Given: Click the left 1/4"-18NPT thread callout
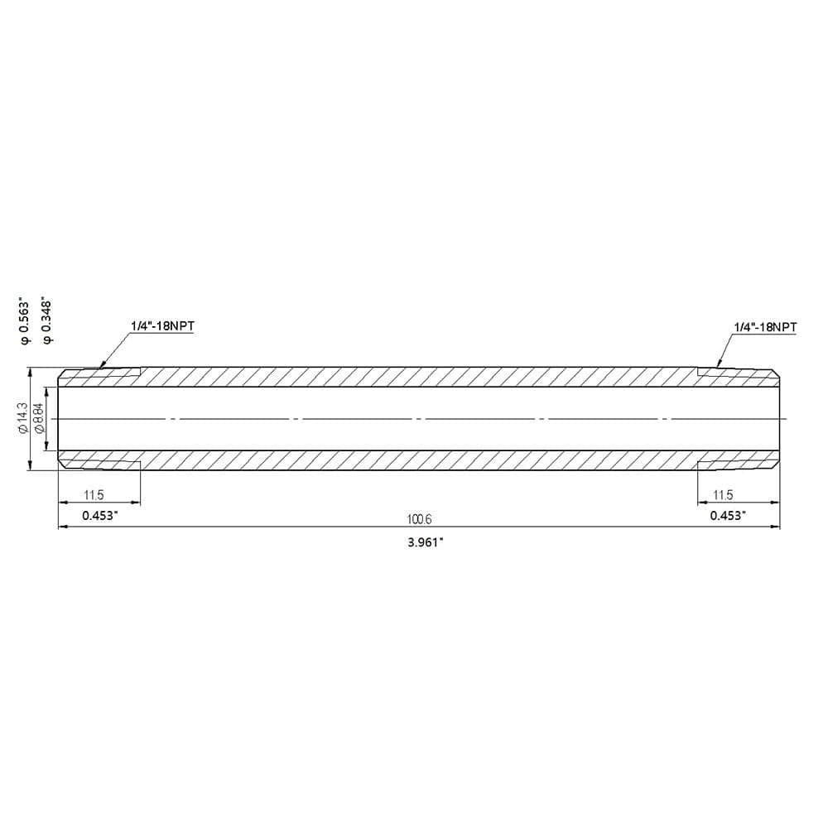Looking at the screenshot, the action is [162, 325].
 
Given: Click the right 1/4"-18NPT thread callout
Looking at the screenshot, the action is [765, 327].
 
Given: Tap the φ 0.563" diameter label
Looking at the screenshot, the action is [24, 321].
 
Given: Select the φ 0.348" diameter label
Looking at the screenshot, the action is [47, 321].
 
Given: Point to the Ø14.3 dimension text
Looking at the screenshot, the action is [22, 418].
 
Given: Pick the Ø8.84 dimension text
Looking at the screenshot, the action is [38, 418].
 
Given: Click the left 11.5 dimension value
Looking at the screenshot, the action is [94, 495].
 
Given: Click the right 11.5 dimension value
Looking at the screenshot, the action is [723, 495].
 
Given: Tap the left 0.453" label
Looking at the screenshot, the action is [100, 515].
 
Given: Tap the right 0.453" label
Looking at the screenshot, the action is [728, 515].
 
